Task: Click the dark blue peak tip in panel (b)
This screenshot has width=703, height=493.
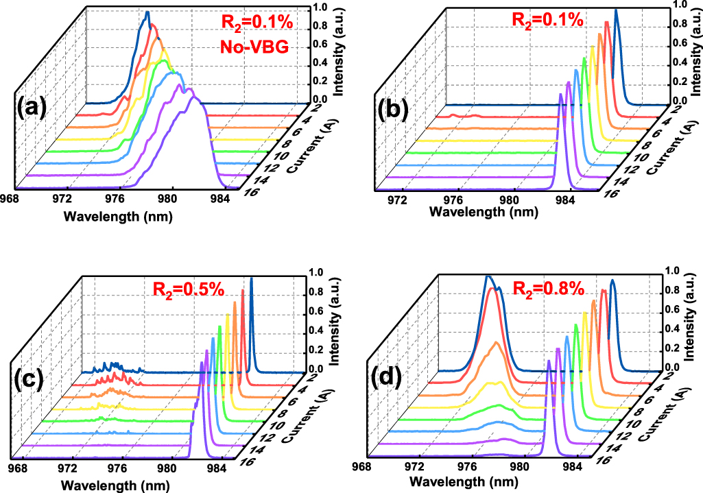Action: [616, 10]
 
